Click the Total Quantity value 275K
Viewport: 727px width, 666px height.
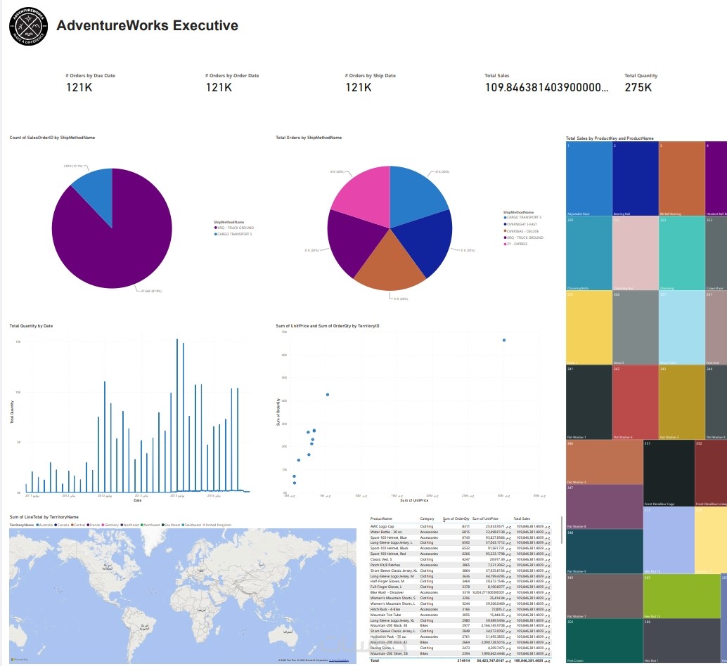coord(638,87)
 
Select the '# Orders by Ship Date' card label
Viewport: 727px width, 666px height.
coord(370,76)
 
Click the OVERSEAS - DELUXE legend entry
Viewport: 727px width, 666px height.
coord(525,231)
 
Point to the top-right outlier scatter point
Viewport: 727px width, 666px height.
coord(504,340)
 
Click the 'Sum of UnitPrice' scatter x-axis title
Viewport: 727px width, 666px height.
coord(413,500)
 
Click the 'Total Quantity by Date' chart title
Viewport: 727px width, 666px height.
coord(31,326)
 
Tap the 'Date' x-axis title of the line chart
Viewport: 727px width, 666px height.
coord(137,500)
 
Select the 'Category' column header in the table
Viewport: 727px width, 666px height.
coord(427,518)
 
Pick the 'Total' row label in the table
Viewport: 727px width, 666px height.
coord(375,660)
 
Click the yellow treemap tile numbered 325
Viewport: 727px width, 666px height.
coord(588,327)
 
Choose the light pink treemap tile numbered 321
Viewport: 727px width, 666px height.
coord(635,253)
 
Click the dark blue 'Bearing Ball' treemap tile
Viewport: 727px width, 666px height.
coord(635,178)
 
